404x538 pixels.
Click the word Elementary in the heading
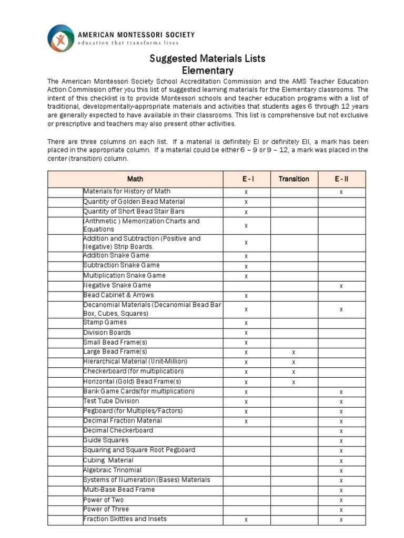[207, 70]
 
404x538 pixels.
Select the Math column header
[135, 179]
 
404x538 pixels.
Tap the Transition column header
[294, 179]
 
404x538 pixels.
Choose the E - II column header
[341, 179]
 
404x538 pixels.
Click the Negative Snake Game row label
[117, 285]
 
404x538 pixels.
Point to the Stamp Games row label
[105, 323]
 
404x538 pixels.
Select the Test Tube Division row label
[112, 401]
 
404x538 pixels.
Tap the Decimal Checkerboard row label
[118, 430]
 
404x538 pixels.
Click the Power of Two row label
[104, 500]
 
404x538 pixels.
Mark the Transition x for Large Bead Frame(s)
[294, 352]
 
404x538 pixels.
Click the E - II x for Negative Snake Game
[341, 286]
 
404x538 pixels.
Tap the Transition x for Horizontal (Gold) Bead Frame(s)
[294, 382]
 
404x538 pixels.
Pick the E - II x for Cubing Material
[341, 461]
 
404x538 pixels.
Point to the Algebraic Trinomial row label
[113, 470]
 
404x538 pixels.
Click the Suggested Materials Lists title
[207, 58]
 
